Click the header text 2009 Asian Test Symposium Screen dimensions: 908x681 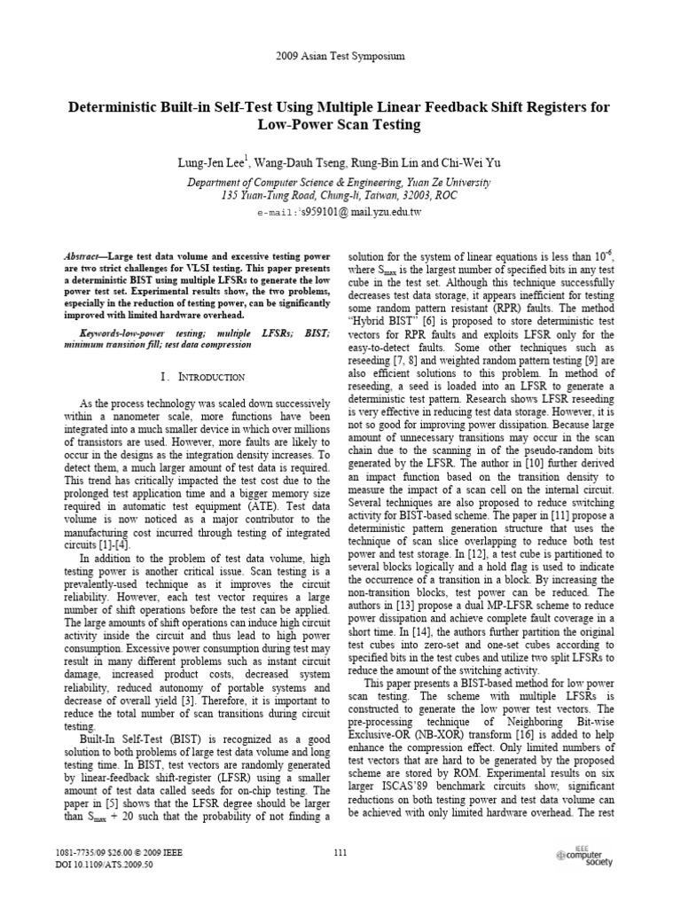(340, 56)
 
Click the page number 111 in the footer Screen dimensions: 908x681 (340, 852)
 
